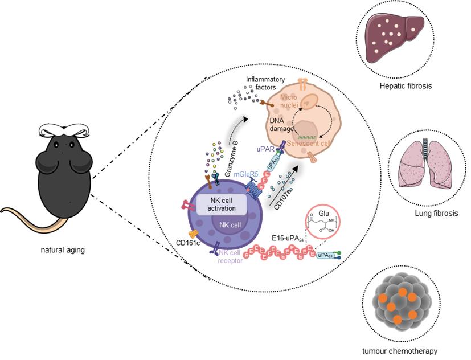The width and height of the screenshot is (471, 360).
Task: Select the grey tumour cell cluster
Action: [x=401, y=300]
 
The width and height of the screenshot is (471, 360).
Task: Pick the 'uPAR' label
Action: [x=265, y=148]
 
